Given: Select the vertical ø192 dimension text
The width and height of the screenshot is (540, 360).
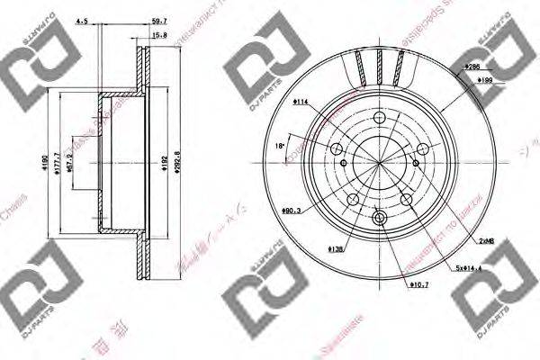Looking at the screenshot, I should pyautogui.click(x=162, y=166).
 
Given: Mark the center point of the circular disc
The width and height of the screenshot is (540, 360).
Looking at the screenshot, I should pyautogui.click(x=379, y=166).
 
